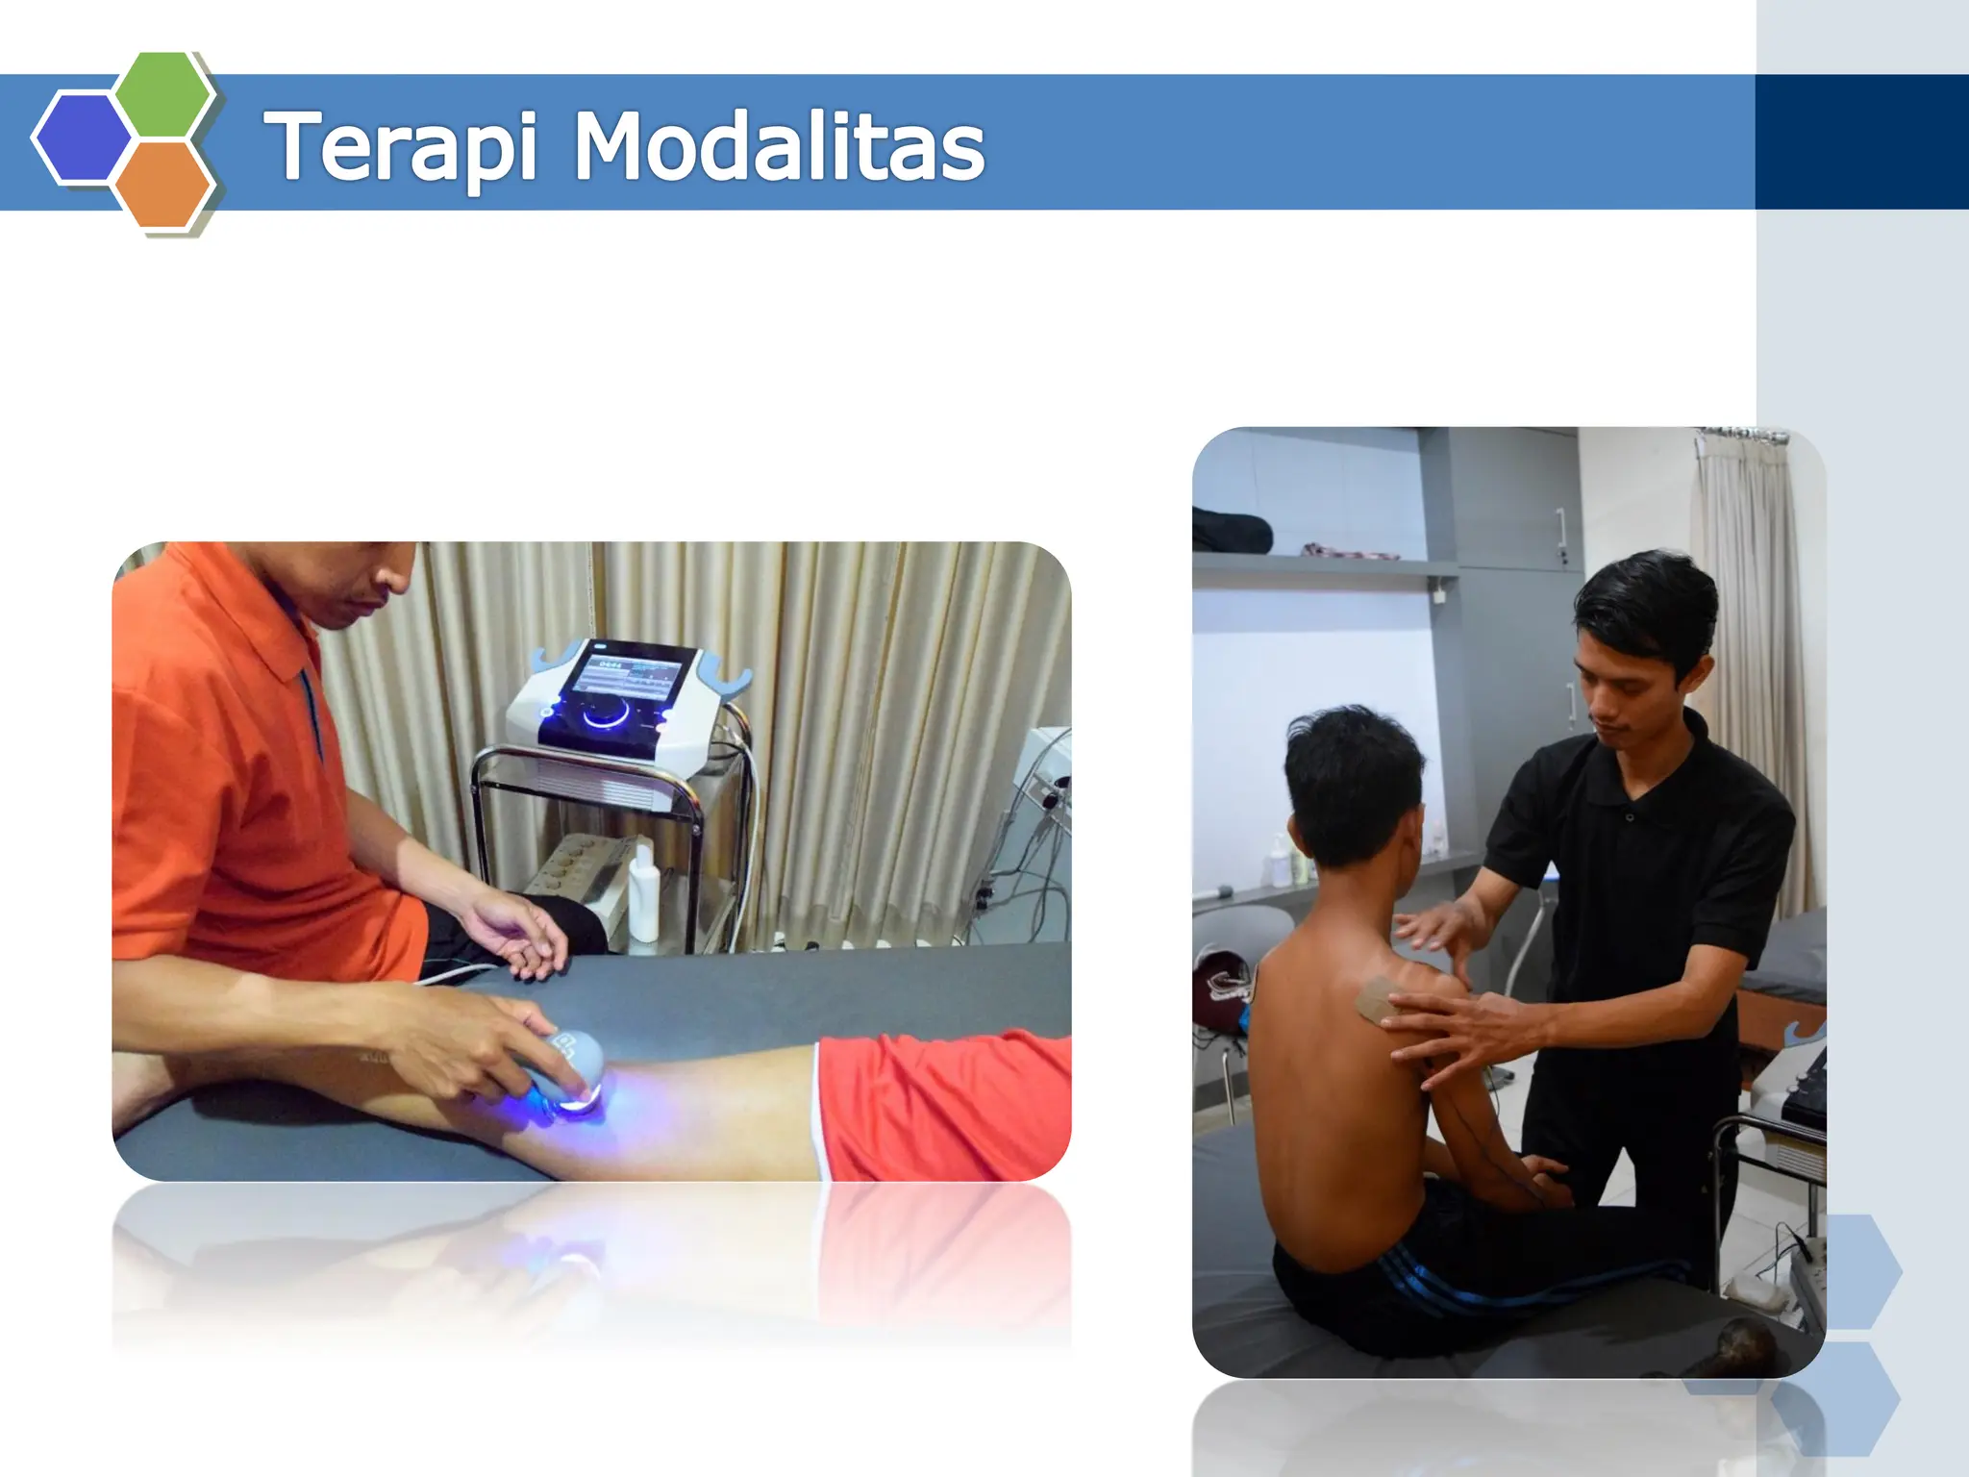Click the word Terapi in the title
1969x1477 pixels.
400,147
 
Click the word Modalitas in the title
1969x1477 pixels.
779,147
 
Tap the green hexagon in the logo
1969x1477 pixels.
163,93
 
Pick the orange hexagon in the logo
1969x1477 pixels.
163,184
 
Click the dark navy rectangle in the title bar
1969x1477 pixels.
1860,142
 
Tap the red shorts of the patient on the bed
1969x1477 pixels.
942,1106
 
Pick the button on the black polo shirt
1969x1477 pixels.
1629,816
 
